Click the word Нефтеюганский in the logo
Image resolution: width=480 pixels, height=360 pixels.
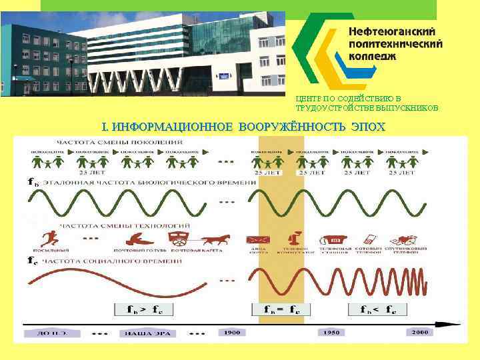(392, 31)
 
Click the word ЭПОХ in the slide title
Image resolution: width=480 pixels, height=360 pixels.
(368, 126)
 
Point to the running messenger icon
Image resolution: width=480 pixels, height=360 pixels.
(49, 238)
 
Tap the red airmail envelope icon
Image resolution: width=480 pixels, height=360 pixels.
(258, 240)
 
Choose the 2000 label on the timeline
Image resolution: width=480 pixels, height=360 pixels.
(420, 331)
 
